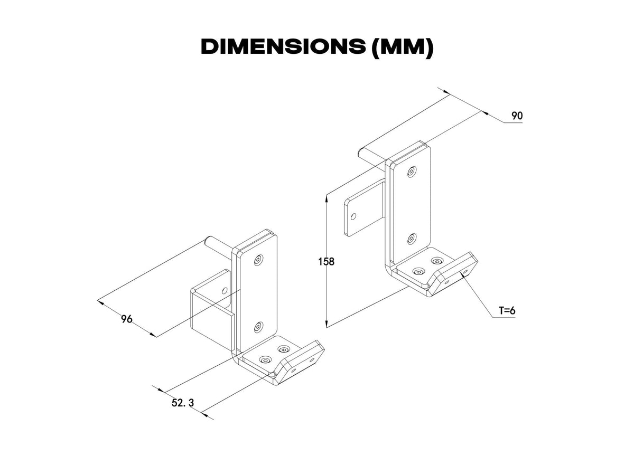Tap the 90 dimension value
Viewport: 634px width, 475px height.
tap(517, 116)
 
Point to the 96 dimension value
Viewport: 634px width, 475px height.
tap(127, 319)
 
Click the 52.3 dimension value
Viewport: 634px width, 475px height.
tap(183, 403)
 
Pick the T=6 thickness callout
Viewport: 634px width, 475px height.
tap(507, 311)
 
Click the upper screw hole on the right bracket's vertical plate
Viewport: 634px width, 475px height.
tap(412, 172)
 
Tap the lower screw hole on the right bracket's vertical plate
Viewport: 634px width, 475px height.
tap(412, 239)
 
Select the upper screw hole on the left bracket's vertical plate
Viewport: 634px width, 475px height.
tap(258, 260)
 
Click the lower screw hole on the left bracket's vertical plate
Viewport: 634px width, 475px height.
tap(258, 327)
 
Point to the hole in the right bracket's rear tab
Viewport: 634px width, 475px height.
tap(353, 216)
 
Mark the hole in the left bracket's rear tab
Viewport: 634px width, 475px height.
tap(225, 290)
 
